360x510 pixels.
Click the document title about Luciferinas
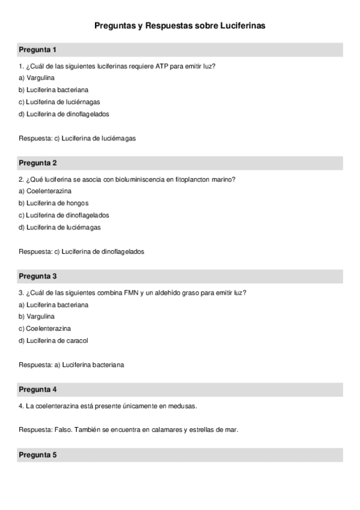180,26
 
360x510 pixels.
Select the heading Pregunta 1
37,49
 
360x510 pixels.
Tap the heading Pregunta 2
37,163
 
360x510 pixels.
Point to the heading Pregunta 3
37,277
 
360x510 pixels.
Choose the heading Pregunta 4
37,390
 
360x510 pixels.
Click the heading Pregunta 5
37,455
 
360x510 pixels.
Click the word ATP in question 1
162,66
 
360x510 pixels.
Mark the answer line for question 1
77,138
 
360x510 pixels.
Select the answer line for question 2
81,251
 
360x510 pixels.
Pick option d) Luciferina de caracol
53,340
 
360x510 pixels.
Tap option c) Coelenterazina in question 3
44,328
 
